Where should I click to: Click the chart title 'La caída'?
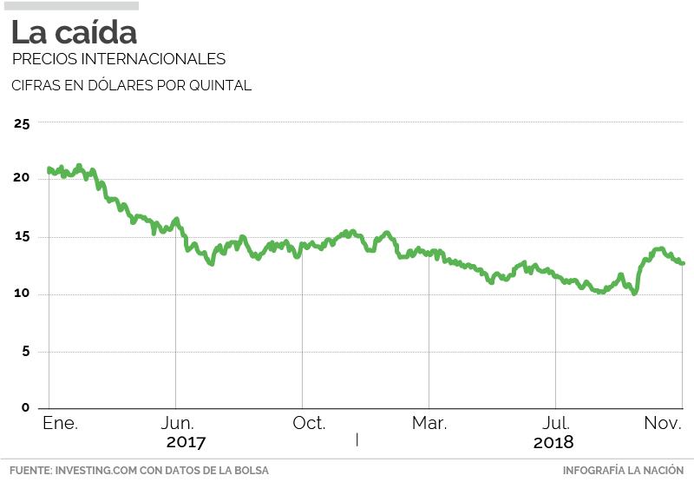tap(74, 33)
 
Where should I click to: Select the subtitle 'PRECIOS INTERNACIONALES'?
tap(119, 59)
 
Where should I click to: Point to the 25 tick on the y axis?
tap(22, 123)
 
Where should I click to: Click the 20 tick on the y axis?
tap(22, 178)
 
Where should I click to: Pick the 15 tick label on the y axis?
tap(22, 236)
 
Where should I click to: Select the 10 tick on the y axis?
tap(22, 294)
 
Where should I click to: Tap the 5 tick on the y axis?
tap(25, 351)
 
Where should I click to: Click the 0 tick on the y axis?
tap(25, 407)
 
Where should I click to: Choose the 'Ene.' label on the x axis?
tap(60, 423)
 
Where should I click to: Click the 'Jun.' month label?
tap(179, 423)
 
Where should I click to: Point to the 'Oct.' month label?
tap(309, 423)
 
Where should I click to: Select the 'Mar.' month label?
tap(429, 423)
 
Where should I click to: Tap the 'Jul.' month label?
tap(556, 423)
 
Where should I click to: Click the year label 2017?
tap(186, 442)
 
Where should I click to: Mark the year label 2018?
tap(553, 442)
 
